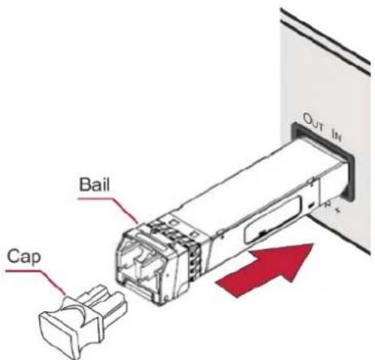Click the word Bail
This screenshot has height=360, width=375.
(x=94, y=185)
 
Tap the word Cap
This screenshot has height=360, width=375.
(x=24, y=257)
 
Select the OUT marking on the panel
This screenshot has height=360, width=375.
(x=313, y=123)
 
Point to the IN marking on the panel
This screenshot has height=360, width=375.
(x=337, y=135)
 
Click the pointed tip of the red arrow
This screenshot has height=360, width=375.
(x=313, y=244)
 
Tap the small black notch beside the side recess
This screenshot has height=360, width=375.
(x=311, y=206)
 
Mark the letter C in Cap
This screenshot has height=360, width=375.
(x=13, y=257)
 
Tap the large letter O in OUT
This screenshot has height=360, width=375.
(x=307, y=119)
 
